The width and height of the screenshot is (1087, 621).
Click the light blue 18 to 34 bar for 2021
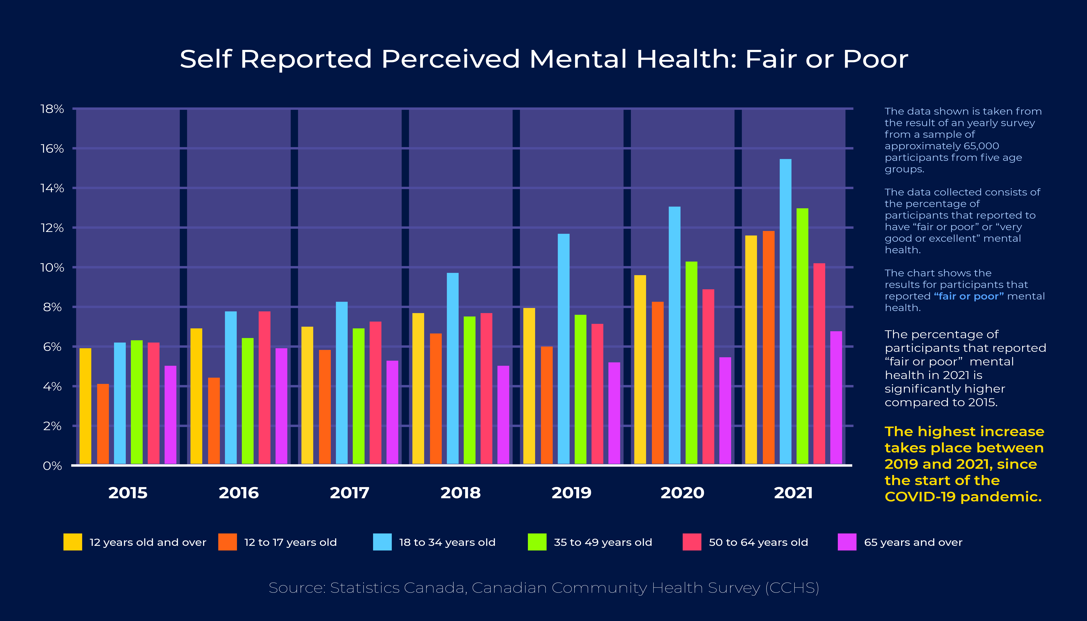(785, 311)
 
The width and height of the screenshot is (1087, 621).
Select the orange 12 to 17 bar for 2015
(103, 424)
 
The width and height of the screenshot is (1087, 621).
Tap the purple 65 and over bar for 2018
(503, 415)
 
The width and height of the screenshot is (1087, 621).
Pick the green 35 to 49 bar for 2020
(691, 363)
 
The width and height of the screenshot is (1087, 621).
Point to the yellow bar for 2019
(529, 386)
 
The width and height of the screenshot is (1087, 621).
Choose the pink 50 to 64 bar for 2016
(264, 388)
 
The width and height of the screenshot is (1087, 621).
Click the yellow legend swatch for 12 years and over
(73, 542)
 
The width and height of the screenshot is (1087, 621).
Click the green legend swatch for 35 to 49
(537, 542)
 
